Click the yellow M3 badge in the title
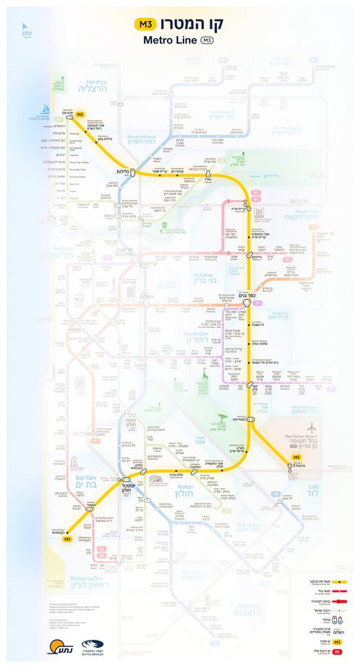pos(145,25)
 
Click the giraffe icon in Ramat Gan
pos(205,377)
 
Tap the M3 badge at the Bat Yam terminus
pos(67,539)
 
